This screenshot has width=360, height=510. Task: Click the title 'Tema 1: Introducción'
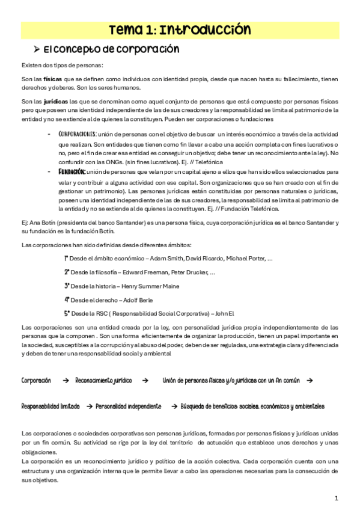180,29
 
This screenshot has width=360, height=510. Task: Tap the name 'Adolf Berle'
136,300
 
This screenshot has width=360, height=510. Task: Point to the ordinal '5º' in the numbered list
67,313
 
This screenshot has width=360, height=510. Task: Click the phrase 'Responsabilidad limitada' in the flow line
50,407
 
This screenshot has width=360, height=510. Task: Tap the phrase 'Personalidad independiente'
129,407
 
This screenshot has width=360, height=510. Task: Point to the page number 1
337,499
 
